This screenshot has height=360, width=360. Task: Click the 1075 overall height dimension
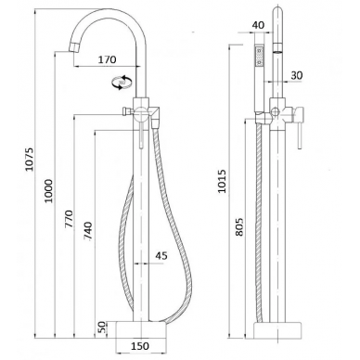point(29,160)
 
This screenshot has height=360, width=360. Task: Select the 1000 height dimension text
point(48,190)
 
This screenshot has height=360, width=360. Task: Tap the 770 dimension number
point(69,219)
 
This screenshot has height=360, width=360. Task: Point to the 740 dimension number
point(88,231)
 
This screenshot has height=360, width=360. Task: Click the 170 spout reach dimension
point(108,59)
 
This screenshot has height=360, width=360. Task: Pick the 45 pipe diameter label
point(161,255)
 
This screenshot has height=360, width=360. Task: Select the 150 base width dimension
point(140,346)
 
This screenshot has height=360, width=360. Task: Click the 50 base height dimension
point(102,328)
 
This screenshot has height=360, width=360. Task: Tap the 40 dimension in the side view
point(259,25)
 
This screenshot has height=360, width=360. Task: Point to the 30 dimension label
point(297,75)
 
